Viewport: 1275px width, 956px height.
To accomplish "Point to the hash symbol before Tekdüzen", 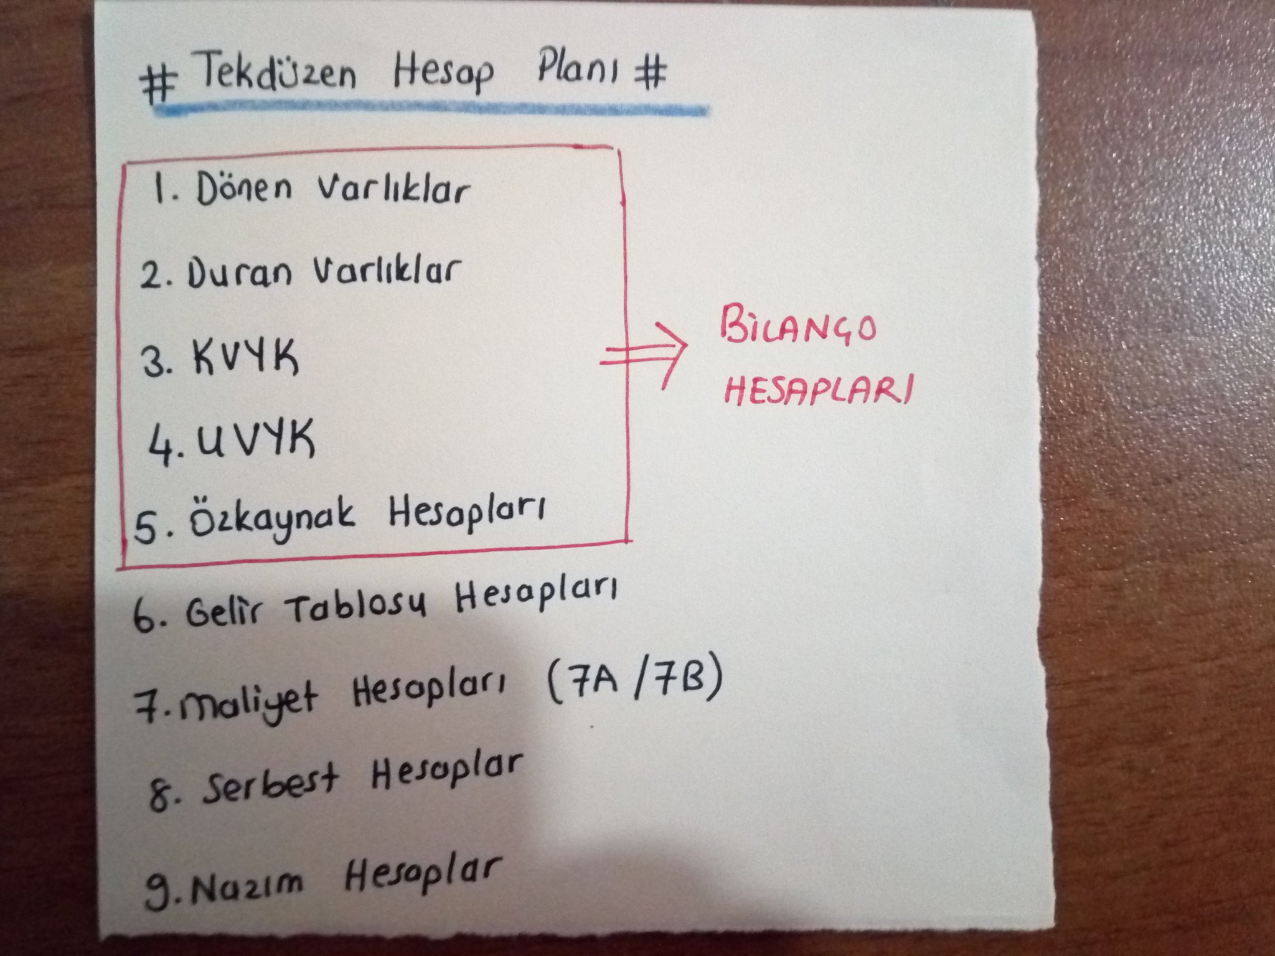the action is coord(159,84).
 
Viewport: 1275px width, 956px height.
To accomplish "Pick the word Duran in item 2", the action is coord(239,274).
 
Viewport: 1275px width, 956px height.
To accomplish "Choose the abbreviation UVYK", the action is coord(255,441).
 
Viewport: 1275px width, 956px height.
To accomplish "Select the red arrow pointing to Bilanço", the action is coord(645,355).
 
